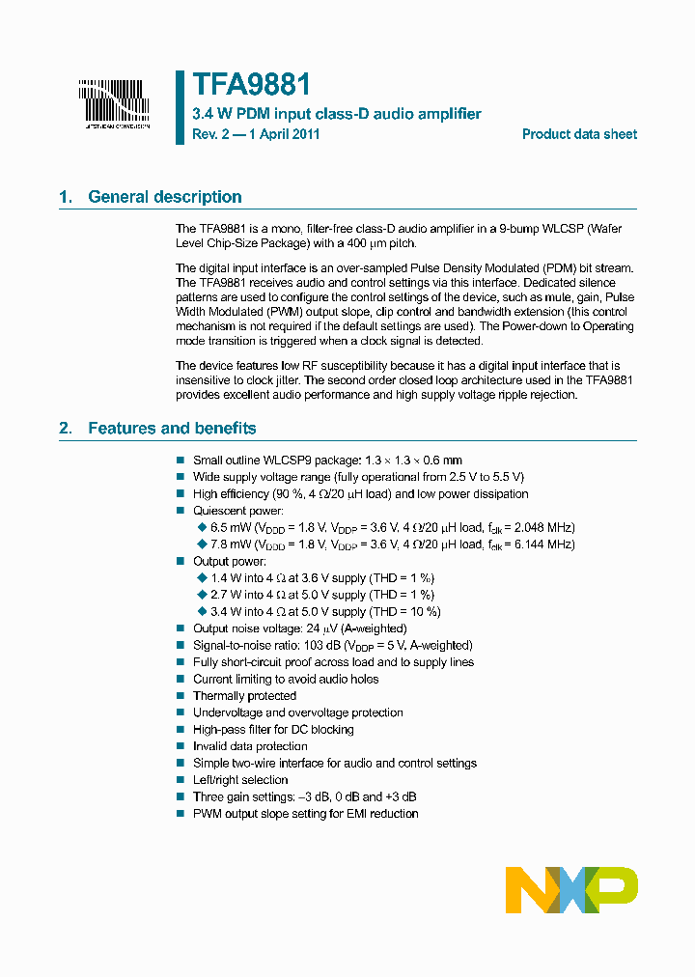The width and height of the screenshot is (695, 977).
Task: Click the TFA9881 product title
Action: (x=251, y=85)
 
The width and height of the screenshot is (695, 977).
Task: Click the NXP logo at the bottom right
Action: (x=571, y=889)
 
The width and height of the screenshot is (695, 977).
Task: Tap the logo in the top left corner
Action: (x=114, y=102)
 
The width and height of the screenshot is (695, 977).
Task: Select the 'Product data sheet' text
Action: (x=579, y=134)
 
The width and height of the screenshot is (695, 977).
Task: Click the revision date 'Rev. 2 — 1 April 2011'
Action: (x=256, y=134)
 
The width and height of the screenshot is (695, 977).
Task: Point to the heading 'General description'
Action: (x=164, y=197)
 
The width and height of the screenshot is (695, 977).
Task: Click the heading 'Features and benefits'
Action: (x=172, y=428)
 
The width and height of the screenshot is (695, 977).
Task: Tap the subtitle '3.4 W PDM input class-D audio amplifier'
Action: (x=336, y=114)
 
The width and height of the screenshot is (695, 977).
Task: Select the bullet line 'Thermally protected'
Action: (x=244, y=696)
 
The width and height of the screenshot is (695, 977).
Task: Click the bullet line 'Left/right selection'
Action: (x=240, y=780)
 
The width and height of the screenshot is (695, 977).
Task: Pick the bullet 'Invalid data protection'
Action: (x=250, y=746)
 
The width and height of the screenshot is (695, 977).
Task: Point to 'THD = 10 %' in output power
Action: (x=405, y=612)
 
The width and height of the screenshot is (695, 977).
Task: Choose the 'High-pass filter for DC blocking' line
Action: (x=273, y=730)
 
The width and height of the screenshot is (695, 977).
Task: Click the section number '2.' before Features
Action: (x=66, y=428)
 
